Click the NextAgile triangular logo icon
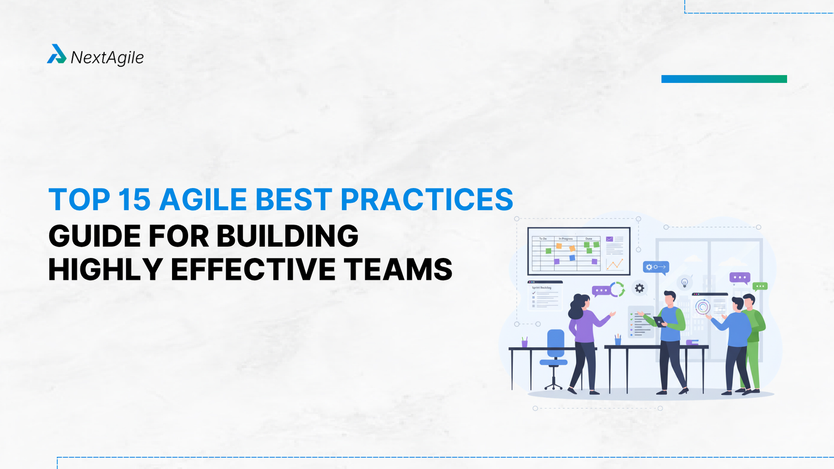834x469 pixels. (56, 54)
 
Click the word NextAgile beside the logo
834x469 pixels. (107, 57)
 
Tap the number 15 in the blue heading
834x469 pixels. (134, 200)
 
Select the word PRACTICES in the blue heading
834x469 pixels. (426, 200)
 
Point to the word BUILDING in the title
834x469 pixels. (287, 236)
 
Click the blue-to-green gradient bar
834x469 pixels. (724, 79)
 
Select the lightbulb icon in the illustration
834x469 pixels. (685, 283)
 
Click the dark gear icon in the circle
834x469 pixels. (640, 288)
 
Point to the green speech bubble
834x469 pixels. (760, 286)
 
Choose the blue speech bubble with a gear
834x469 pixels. (655, 267)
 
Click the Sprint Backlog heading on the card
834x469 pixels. (542, 288)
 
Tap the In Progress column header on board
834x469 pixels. (566, 239)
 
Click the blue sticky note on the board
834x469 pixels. (572, 258)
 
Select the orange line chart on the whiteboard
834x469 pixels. (615, 264)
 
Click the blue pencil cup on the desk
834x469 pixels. (618, 341)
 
